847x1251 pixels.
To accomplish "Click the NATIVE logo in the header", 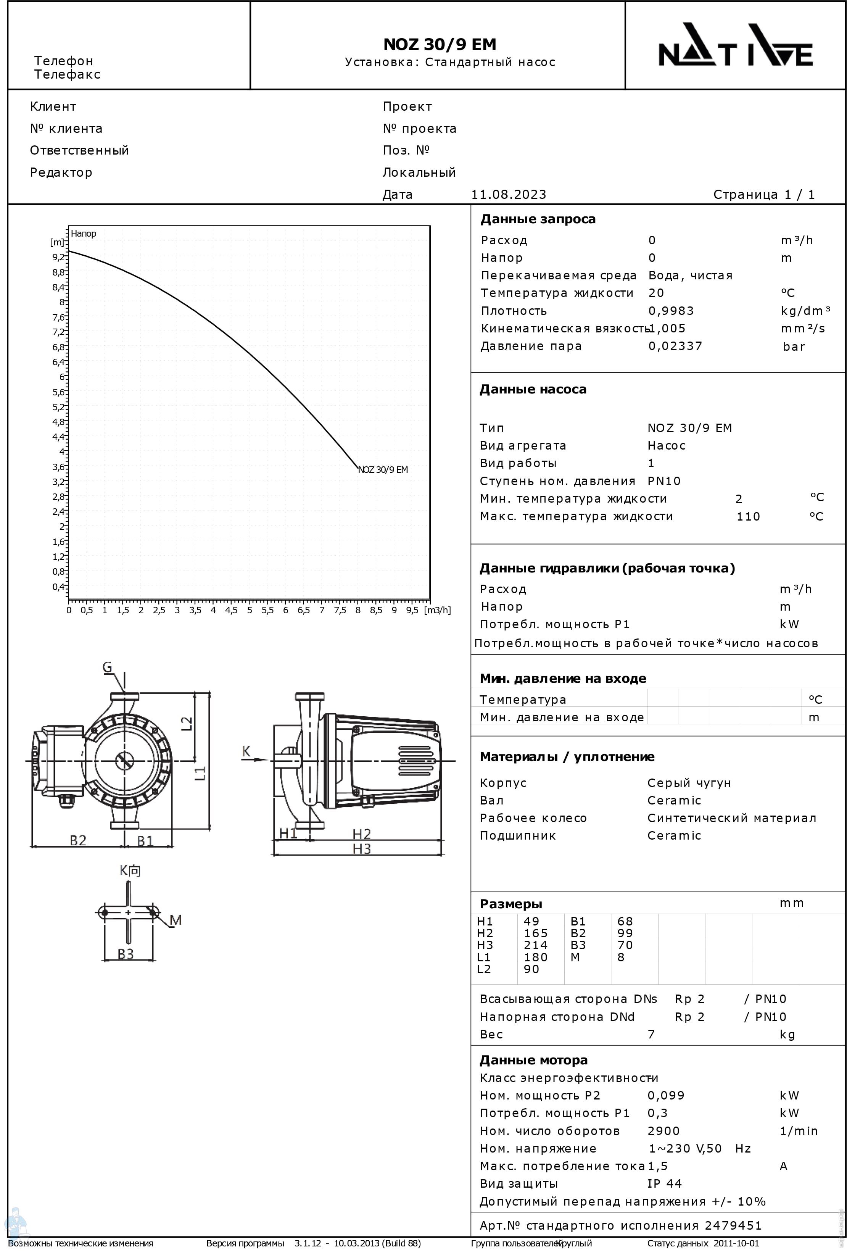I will click(735, 45).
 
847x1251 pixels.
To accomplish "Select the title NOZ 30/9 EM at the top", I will click(440, 44).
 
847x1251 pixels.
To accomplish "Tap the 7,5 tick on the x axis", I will click(340, 611).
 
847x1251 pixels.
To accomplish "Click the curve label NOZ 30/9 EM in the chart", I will click(383, 469).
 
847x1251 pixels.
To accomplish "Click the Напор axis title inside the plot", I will click(84, 234).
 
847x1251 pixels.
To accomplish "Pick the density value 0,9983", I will click(671, 311).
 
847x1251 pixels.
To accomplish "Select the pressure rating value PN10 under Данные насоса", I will click(664, 481).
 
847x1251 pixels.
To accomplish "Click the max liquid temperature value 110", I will click(748, 517).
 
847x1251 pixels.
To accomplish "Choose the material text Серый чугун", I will click(689, 783).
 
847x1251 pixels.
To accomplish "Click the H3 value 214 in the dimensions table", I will click(535, 945).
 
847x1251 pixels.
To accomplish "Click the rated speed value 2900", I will click(663, 1131).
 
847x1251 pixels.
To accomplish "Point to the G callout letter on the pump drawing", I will click(108, 667).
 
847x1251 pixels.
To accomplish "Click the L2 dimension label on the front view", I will click(186, 723).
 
